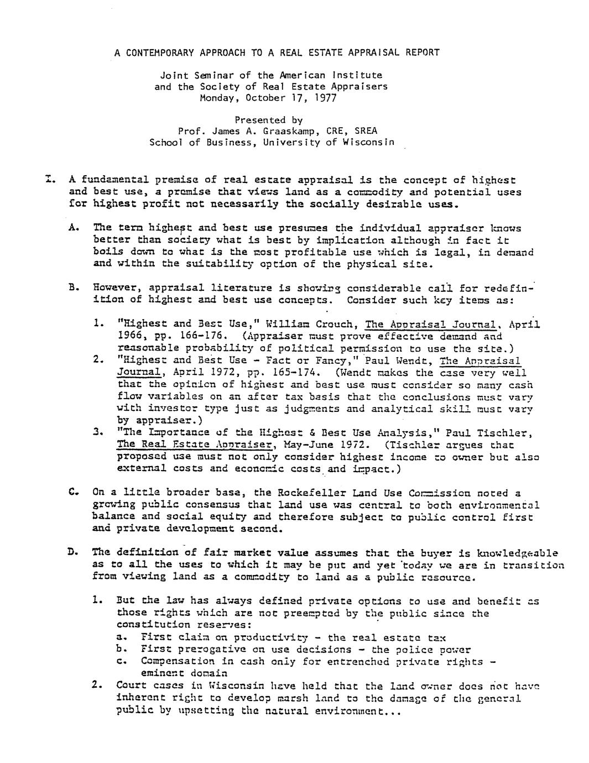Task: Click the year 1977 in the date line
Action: [325, 98]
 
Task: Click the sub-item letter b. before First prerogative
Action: [121, 650]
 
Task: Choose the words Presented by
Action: [268, 120]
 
